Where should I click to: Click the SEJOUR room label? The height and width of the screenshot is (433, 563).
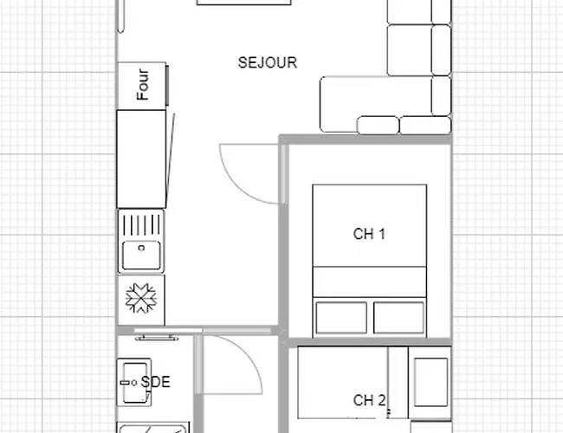coord(268,62)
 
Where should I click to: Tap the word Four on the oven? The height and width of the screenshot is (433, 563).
coord(143,84)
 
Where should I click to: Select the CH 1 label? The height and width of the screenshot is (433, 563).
coord(369,234)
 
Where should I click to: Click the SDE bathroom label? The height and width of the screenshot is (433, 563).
coord(157,381)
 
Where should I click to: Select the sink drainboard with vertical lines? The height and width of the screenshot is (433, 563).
coord(141,225)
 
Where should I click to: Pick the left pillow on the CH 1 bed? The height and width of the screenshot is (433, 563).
coord(340,318)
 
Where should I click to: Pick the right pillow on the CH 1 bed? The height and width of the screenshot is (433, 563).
coord(398,318)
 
